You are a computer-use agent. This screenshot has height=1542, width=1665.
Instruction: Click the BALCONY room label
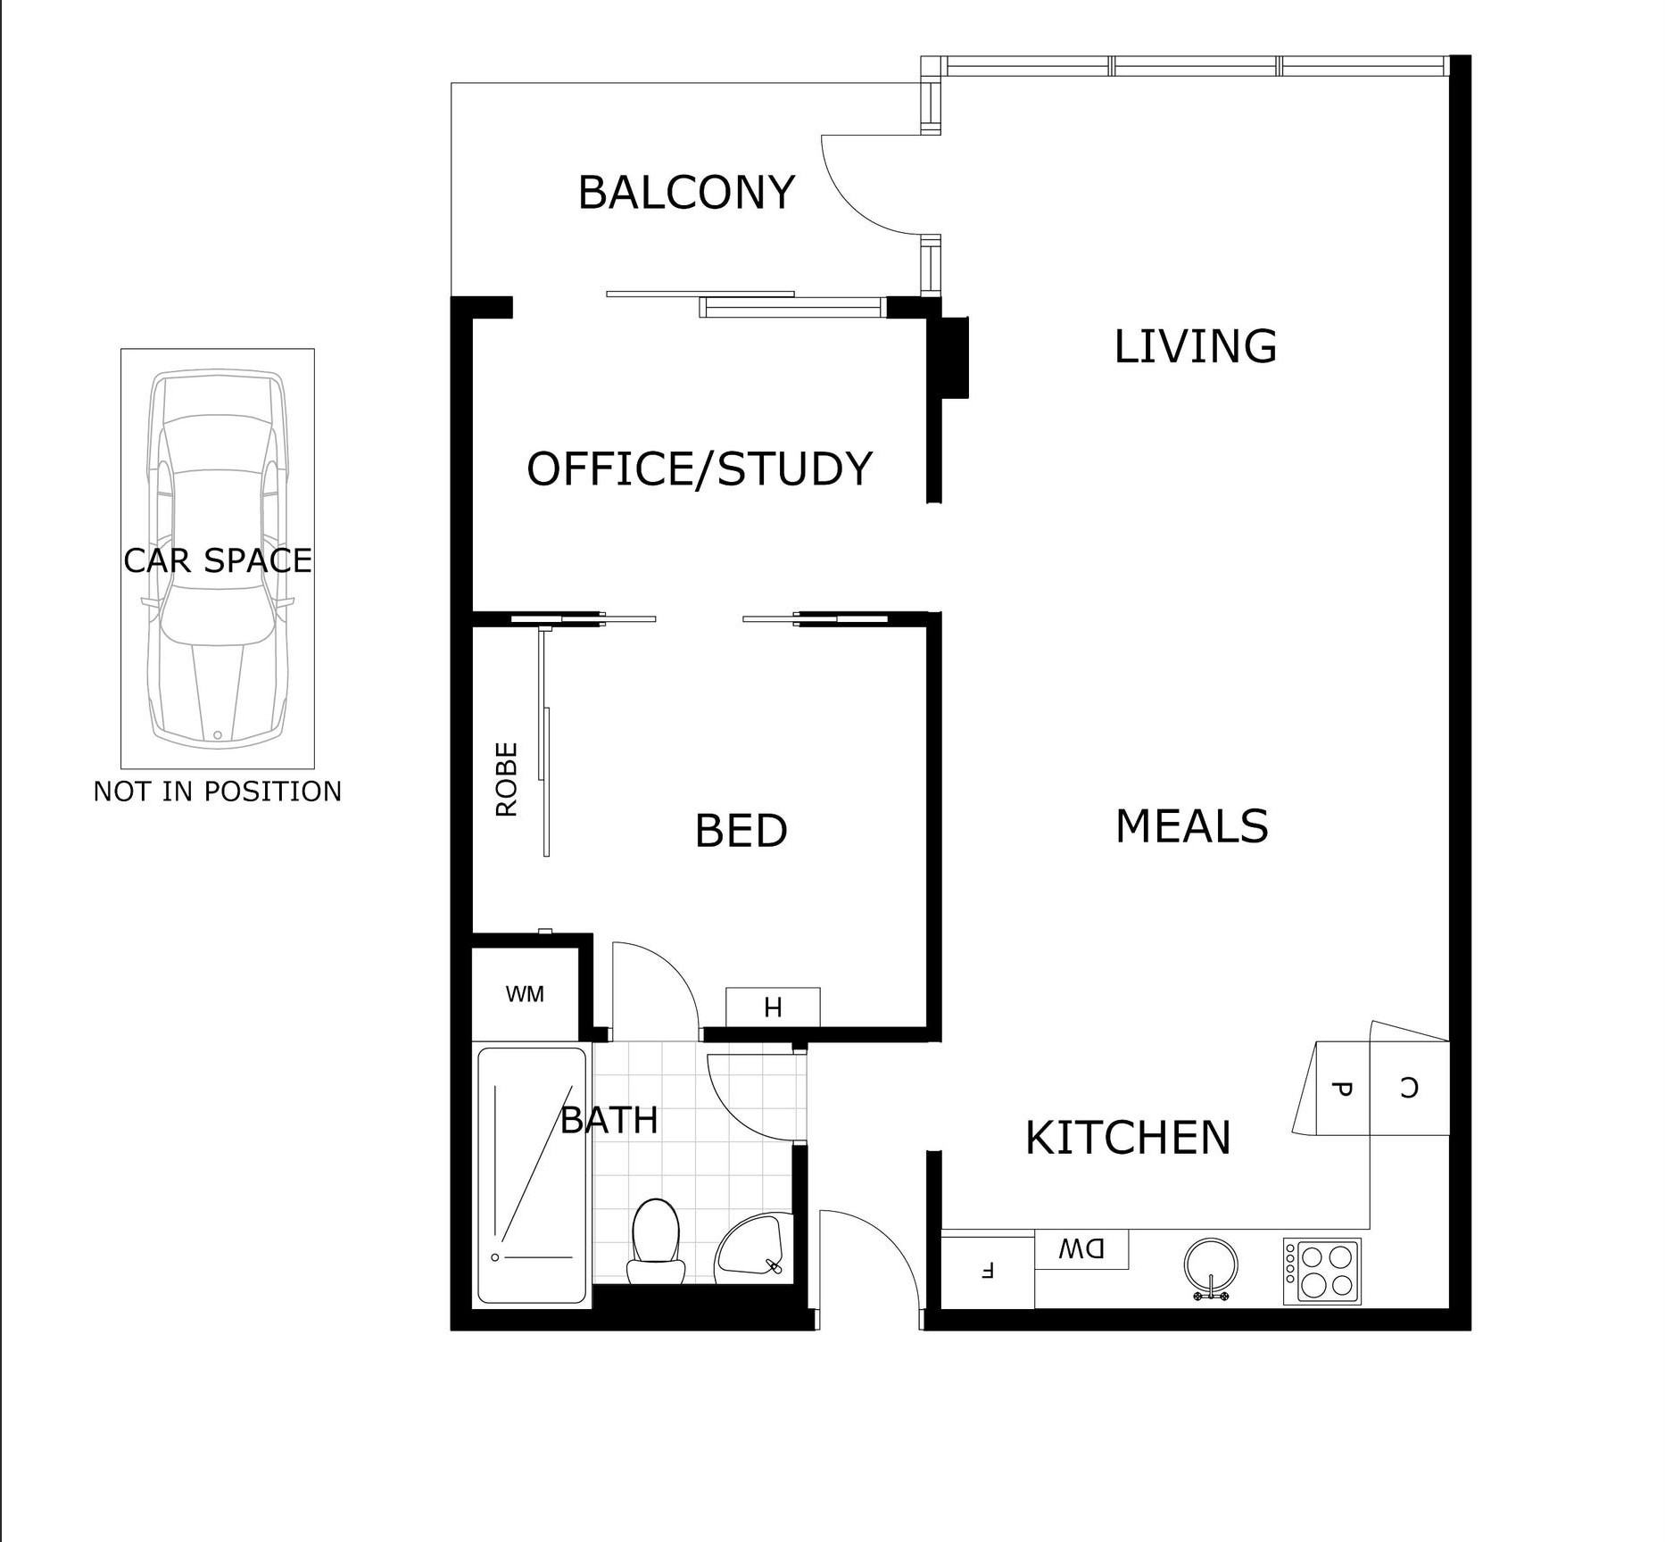coord(686,193)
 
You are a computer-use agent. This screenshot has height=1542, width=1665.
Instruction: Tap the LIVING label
coord(1195,346)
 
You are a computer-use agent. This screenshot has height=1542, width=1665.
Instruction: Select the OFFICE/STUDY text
coord(700,469)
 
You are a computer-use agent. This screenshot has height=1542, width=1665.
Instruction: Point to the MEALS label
coord(1191,825)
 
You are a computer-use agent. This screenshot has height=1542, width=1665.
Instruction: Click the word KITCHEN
coord(1128,1138)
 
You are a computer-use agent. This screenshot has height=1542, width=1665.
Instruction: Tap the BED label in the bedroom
coord(741,831)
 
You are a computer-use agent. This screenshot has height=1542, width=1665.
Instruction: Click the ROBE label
coord(506,779)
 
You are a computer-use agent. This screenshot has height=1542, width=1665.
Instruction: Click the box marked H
coord(773,1007)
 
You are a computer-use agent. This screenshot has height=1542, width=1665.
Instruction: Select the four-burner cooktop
coord(1322,1271)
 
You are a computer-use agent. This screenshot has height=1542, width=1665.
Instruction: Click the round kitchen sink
coord(1211,1265)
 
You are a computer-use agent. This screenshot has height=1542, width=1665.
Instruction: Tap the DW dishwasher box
coord(1081,1249)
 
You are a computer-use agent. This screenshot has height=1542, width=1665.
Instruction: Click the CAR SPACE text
coord(218,560)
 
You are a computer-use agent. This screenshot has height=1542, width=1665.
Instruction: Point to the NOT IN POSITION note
coord(218,792)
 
